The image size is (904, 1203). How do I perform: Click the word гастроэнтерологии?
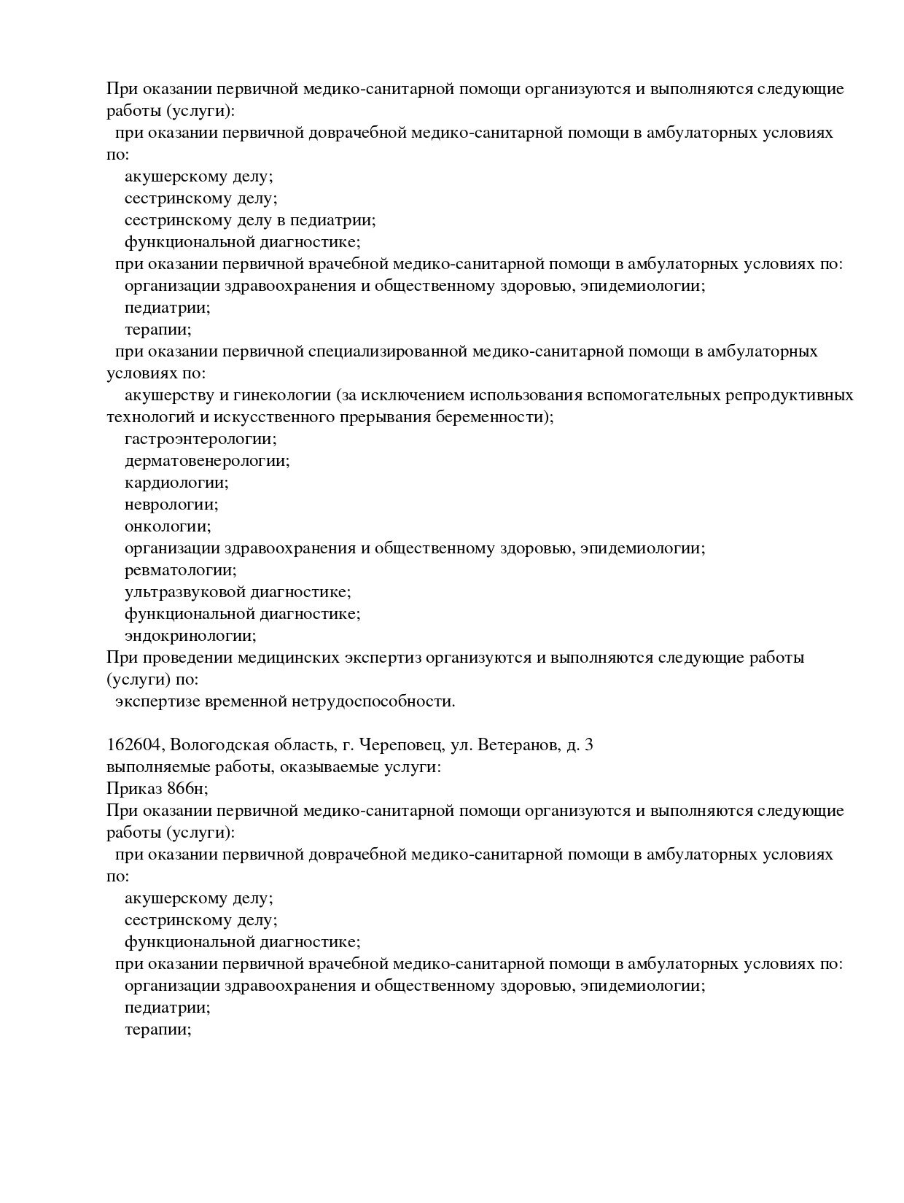(x=200, y=440)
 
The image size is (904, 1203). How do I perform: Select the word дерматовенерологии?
(x=206, y=461)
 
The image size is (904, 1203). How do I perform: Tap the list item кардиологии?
(x=176, y=483)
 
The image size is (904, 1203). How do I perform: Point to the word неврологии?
(x=171, y=505)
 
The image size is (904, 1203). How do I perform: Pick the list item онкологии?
(x=167, y=526)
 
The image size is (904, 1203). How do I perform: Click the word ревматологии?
(x=180, y=570)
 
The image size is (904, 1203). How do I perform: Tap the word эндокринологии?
(x=190, y=636)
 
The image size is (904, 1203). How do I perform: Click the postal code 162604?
(x=133, y=745)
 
